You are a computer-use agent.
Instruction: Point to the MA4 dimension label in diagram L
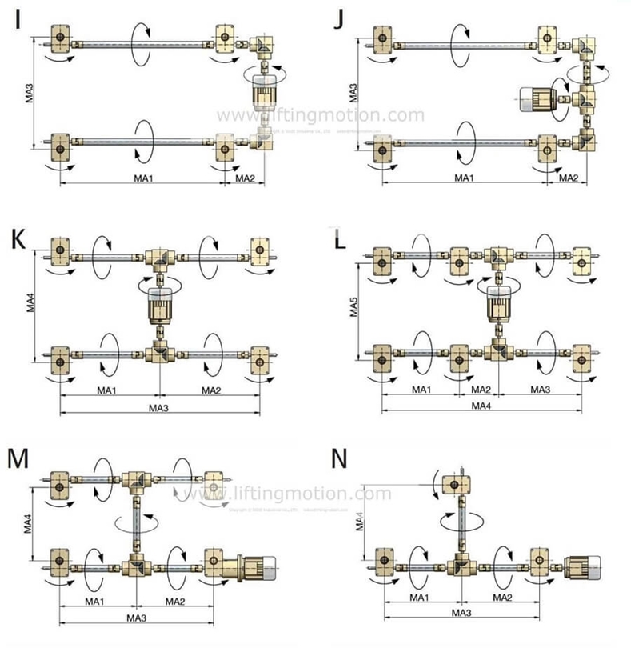click(481, 406)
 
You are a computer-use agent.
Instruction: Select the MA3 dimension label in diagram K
click(160, 407)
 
